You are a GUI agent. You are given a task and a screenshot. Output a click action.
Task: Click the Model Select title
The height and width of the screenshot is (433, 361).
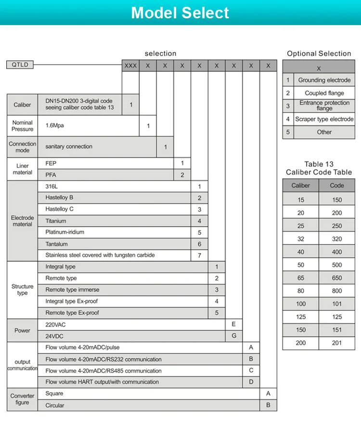click(180, 13)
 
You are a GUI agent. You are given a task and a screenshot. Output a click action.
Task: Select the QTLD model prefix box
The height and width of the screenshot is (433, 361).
click(20, 65)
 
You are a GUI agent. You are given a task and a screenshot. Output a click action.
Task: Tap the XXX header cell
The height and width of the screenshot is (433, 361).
click(130, 66)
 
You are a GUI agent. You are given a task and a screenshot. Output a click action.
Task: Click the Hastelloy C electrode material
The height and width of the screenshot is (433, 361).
click(60, 209)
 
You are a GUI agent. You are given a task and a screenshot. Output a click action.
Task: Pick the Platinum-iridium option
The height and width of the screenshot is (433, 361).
click(64, 232)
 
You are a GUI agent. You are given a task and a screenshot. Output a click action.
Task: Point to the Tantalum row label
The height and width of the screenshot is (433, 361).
click(56, 244)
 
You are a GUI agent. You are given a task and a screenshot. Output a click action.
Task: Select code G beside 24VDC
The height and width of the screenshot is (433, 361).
click(234, 336)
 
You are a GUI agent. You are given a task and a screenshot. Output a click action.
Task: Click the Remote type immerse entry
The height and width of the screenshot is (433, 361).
click(72, 290)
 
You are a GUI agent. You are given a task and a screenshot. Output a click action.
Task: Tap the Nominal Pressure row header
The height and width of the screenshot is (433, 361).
click(23, 126)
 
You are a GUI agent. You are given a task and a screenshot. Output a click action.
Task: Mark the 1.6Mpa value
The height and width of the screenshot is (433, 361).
click(54, 125)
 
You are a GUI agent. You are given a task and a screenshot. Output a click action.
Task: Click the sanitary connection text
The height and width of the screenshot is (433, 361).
click(69, 147)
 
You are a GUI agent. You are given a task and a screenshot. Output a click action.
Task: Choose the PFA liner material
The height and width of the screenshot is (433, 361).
click(51, 175)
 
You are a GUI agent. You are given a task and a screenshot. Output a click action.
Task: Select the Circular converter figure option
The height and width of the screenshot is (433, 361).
click(55, 406)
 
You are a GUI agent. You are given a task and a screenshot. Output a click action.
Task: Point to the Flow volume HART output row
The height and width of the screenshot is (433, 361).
click(102, 382)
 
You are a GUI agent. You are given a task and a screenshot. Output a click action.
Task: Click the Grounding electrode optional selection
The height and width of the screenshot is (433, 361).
click(324, 80)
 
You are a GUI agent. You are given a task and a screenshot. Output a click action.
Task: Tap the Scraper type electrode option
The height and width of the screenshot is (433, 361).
click(324, 119)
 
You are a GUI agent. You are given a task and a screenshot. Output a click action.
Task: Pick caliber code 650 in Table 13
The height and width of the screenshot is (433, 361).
click(337, 278)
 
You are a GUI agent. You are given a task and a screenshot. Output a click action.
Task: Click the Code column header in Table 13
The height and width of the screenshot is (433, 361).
click(337, 186)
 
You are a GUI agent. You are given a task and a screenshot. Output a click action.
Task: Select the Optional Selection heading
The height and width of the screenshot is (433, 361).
click(319, 54)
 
